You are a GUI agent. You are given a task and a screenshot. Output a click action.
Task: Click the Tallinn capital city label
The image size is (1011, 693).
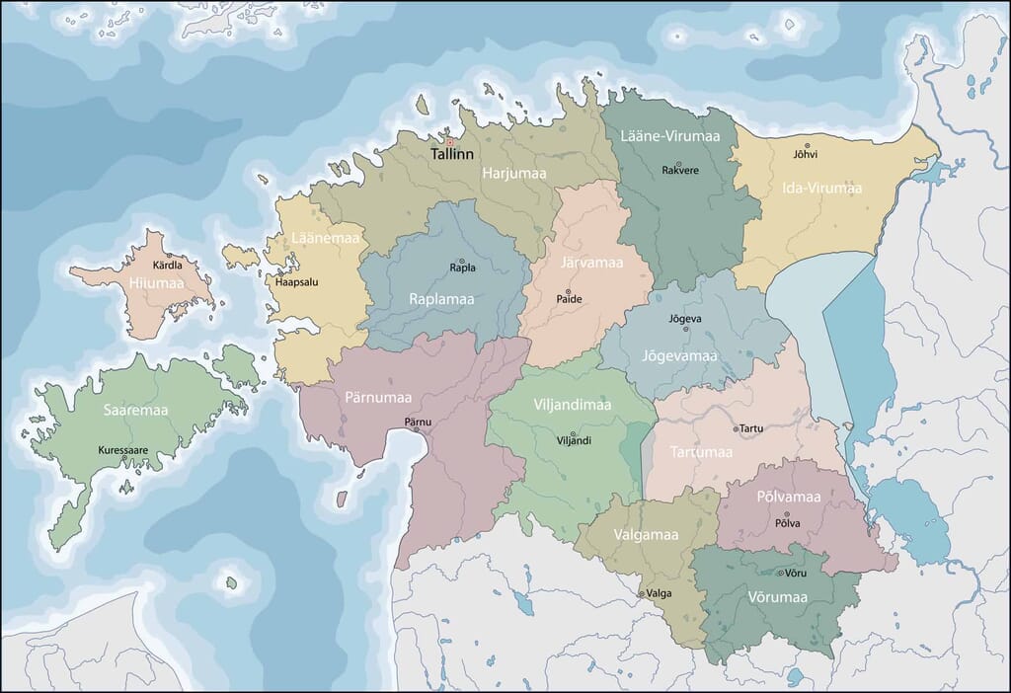[x=452, y=155]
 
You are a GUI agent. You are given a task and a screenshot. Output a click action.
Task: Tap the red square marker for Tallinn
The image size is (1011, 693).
[x=449, y=141]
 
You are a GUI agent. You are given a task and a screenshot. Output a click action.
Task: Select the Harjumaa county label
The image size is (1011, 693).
[x=513, y=173]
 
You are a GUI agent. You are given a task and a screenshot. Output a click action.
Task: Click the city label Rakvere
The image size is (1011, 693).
[x=678, y=170]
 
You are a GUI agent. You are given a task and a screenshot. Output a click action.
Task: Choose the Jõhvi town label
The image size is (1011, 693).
[x=806, y=154]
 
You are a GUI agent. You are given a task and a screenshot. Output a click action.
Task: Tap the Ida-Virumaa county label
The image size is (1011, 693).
[x=821, y=188]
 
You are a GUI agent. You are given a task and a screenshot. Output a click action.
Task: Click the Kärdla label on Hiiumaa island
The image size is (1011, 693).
[x=167, y=266]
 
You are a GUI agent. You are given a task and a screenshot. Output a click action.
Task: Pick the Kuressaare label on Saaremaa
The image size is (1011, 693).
[x=122, y=450]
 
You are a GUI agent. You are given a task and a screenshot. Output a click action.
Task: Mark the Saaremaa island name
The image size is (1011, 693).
[x=135, y=409]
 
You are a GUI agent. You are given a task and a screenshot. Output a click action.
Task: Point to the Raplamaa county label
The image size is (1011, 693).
[x=441, y=298]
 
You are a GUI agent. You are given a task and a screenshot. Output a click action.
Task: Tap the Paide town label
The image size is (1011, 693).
[x=570, y=298]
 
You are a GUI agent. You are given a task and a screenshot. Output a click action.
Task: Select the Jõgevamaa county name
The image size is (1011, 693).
[x=679, y=354]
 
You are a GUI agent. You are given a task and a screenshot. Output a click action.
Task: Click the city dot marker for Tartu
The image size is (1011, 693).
[x=736, y=428]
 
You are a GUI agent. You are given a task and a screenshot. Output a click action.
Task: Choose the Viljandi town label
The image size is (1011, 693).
[x=574, y=440]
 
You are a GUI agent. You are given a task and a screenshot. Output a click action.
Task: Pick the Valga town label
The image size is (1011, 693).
[x=659, y=593]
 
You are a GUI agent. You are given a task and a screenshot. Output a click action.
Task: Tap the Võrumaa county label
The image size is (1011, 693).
[x=777, y=597]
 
